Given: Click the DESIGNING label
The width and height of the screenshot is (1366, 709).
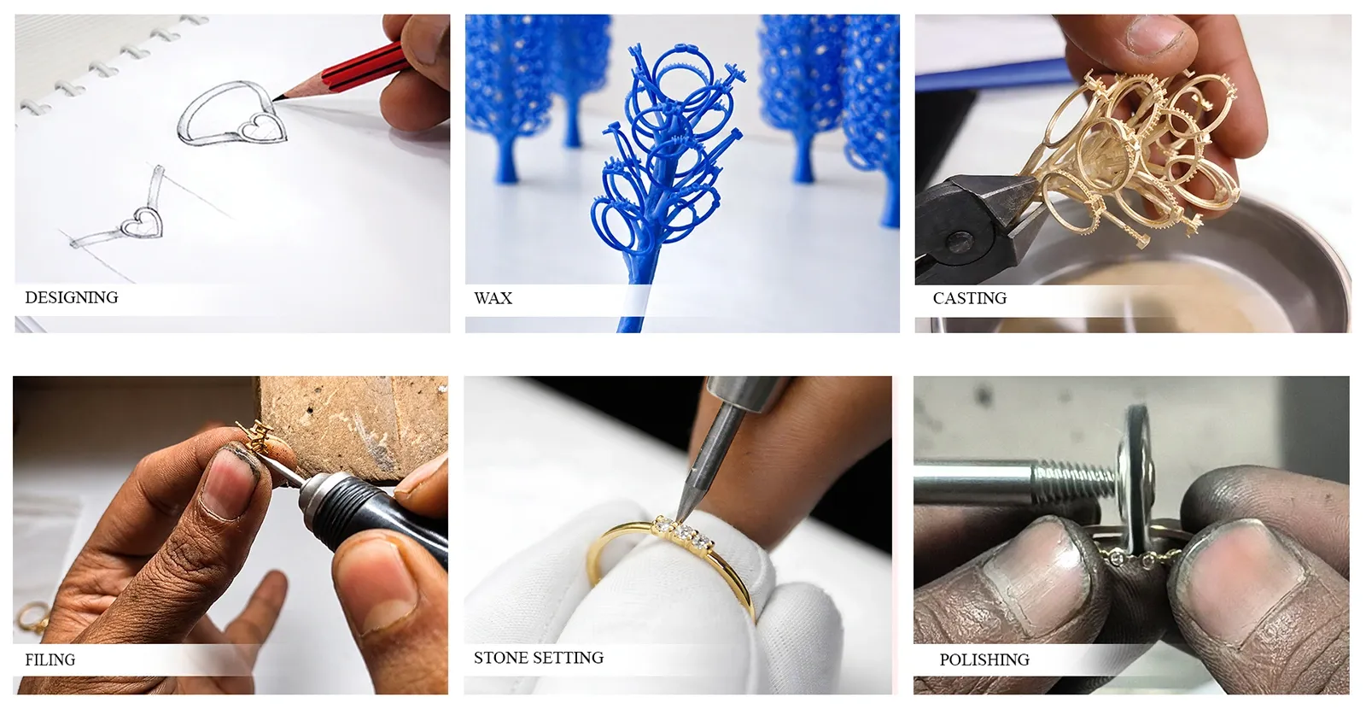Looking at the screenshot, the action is click(72, 297).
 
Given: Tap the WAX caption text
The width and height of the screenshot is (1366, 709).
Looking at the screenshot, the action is click(493, 298).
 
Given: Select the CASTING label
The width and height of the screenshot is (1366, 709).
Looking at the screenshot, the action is click(970, 298).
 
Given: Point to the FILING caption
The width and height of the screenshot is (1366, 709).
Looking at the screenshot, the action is click(50, 659).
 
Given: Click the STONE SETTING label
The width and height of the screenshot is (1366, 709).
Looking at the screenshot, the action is click(539, 657).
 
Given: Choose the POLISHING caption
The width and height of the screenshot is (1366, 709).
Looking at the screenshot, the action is click(984, 659).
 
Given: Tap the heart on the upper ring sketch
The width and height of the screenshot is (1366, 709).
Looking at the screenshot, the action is click(260, 127).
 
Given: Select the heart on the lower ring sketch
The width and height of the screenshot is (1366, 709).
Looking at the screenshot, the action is click(143, 223).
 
